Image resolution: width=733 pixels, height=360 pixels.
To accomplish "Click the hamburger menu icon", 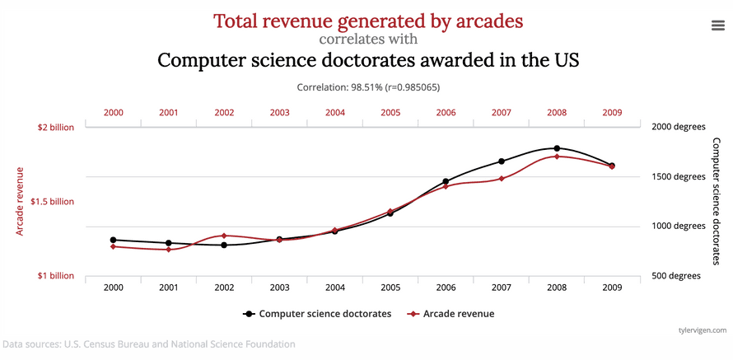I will click(x=717, y=25).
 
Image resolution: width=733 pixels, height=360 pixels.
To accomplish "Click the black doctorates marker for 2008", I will click(x=557, y=148).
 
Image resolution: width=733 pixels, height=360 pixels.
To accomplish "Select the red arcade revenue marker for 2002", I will click(x=224, y=236).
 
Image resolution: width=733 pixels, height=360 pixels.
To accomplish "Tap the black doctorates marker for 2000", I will click(x=113, y=240).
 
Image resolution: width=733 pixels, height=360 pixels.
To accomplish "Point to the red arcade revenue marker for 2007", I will click(x=501, y=179).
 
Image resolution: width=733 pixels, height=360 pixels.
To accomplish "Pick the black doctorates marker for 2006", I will click(x=446, y=181).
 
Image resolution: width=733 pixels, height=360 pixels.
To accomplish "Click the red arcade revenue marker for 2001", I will click(x=169, y=249).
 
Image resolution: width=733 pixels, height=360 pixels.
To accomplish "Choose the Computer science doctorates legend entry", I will click(x=317, y=314).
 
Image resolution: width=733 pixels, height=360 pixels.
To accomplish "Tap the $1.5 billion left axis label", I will click(x=51, y=202).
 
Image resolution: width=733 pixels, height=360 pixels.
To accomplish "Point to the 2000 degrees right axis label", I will click(x=679, y=128).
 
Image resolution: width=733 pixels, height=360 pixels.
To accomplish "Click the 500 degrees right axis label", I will click(x=676, y=276).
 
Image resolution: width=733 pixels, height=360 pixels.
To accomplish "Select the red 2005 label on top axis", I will click(x=390, y=112).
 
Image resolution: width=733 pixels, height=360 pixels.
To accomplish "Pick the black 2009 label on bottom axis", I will click(x=612, y=288).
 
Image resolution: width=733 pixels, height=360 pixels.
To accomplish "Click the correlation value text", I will click(x=366, y=86).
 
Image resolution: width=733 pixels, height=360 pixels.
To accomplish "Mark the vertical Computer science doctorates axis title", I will click(x=716, y=201).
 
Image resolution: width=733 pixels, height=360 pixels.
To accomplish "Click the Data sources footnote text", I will click(x=148, y=344).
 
